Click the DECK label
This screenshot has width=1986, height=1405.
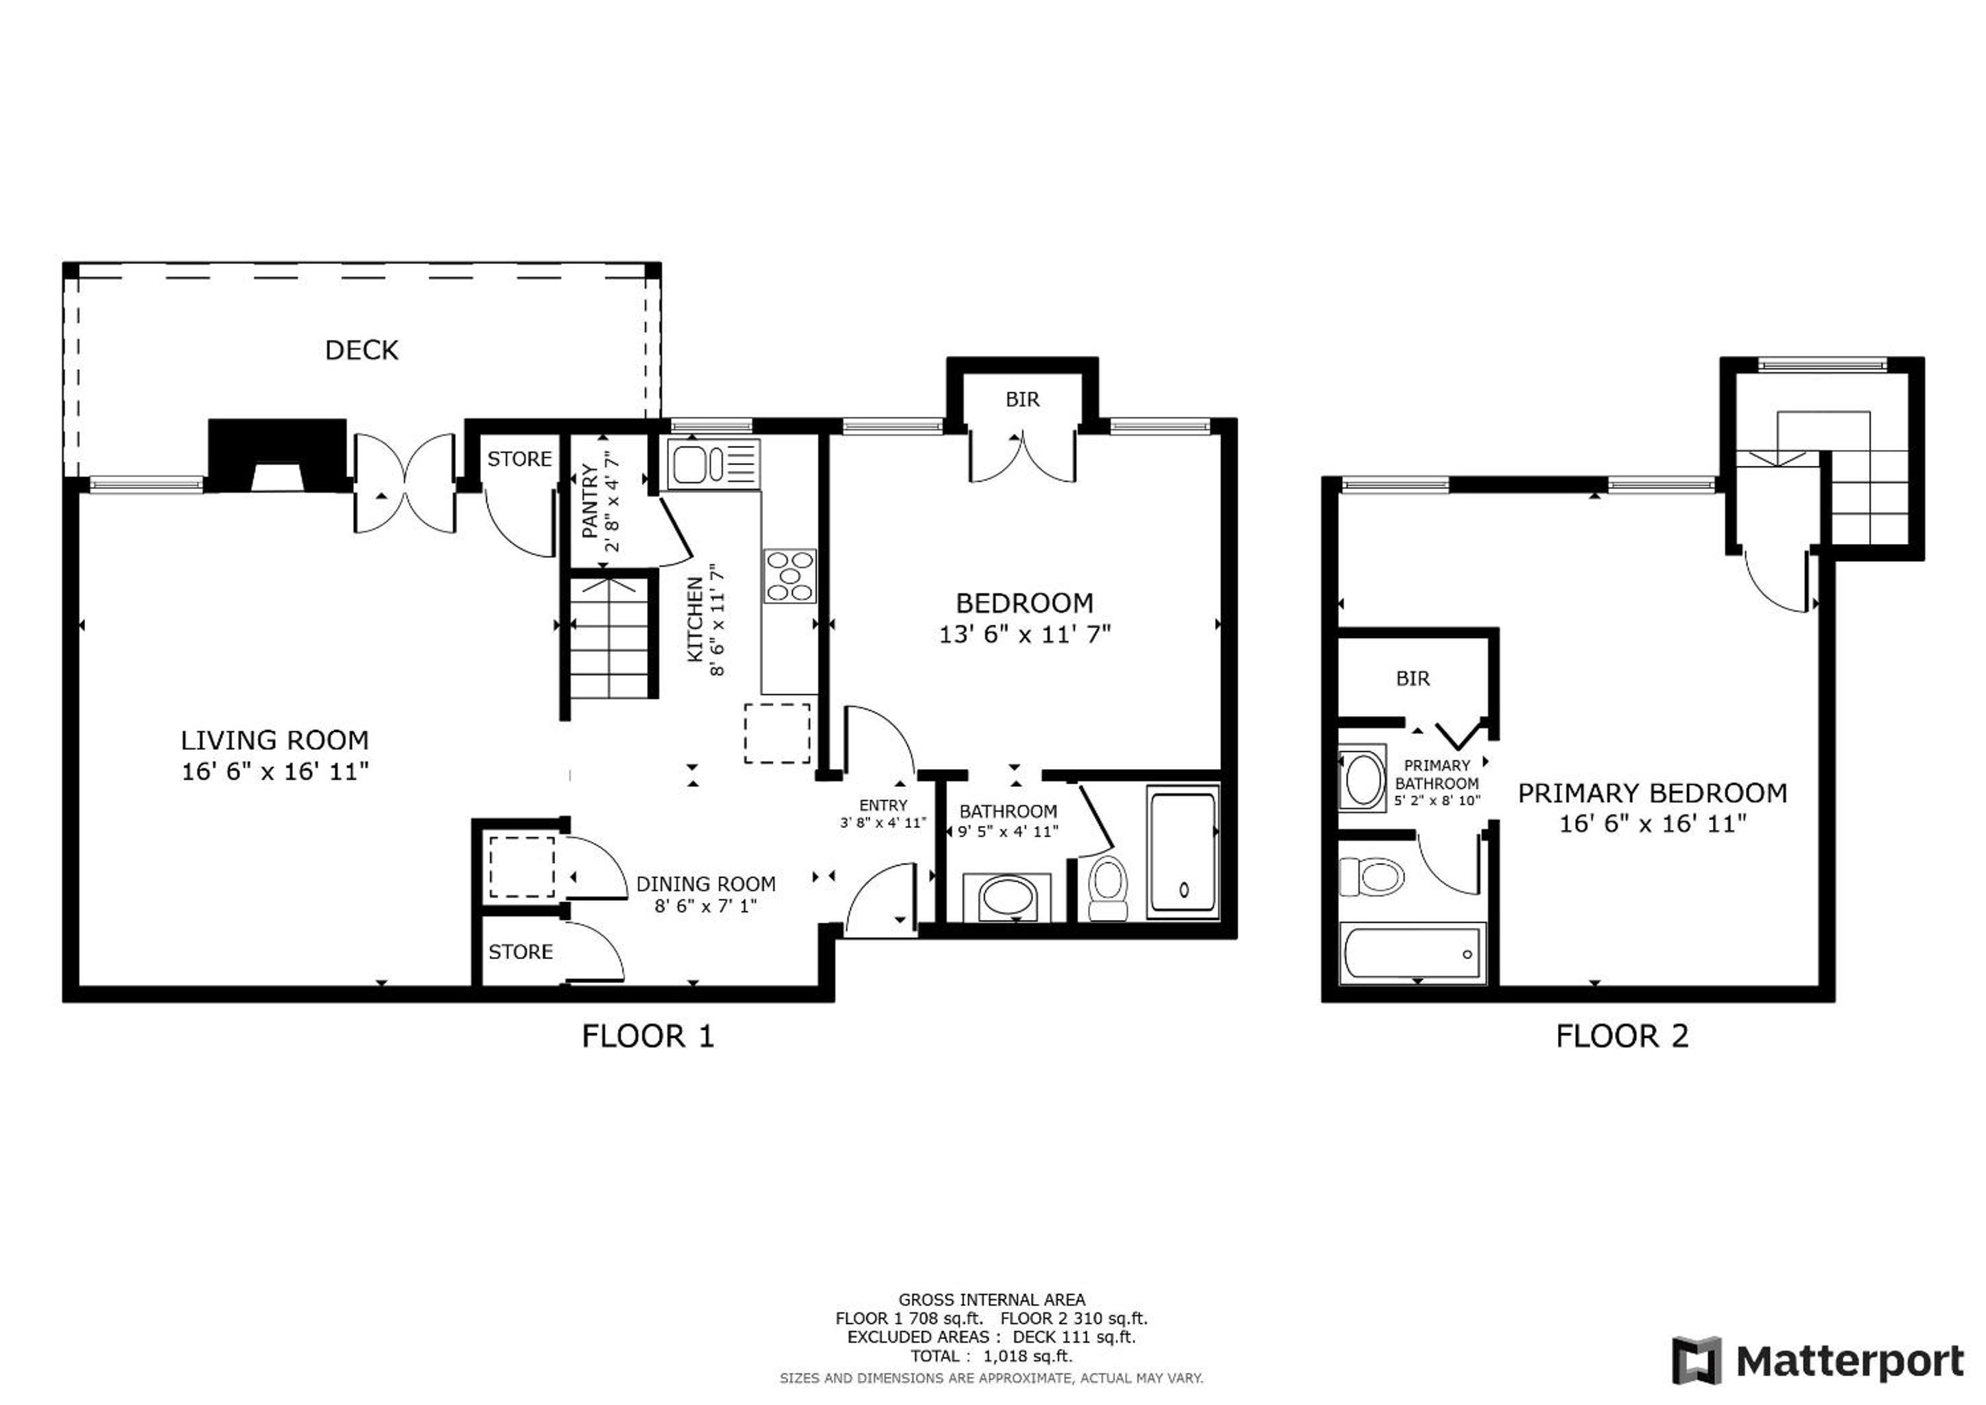(362, 351)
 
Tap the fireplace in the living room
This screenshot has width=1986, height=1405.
(276, 456)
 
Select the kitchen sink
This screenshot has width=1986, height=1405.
(692, 464)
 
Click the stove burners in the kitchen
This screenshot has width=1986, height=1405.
(790, 576)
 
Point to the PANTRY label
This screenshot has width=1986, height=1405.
(591, 501)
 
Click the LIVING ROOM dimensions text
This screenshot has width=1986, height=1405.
(275, 771)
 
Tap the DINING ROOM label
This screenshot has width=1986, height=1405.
(706, 884)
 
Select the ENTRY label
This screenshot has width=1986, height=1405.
(883, 805)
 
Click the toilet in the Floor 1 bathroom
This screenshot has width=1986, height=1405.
(1108, 888)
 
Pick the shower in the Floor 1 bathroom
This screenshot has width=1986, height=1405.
(1183, 852)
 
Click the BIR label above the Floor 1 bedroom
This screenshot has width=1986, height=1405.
(1022, 400)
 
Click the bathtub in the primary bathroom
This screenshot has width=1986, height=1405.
(1412, 954)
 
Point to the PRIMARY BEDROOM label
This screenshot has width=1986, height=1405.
(1652, 793)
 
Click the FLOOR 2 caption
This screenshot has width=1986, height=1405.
(1622, 1037)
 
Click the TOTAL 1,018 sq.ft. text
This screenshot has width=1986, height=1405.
(991, 1356)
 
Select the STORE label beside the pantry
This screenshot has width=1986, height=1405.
(519, 460)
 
